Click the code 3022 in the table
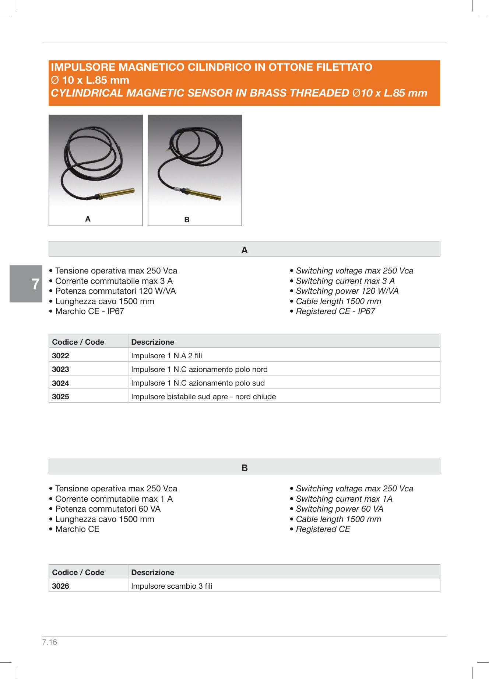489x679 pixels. click(x=61, y=356)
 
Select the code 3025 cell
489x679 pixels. click(x=61, y=397)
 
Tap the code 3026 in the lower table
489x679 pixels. click(x=61, y=586)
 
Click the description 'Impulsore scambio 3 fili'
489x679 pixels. click(x=172, y=586)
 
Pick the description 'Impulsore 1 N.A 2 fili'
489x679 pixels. click(x=166, y=356)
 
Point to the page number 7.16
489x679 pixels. click(x=50, y=642)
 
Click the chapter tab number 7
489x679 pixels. click(x=35, y=284)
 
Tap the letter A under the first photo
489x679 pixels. click(x=88, y=219)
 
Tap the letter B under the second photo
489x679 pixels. click(x=187, y=220)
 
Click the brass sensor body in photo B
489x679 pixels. click(x=204, y=194)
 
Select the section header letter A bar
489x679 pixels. click(x=244, y=250)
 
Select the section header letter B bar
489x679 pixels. click(x=244, y=468)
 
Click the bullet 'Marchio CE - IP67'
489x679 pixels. click(x=89, y=311)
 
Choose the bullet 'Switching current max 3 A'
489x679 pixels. click(x=345, y=281)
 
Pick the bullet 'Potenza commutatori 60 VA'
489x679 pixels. click(x=108, y=509)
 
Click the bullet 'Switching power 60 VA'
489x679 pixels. click(x=340, y=509)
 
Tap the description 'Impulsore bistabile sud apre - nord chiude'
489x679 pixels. click(x=203, y=397)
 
